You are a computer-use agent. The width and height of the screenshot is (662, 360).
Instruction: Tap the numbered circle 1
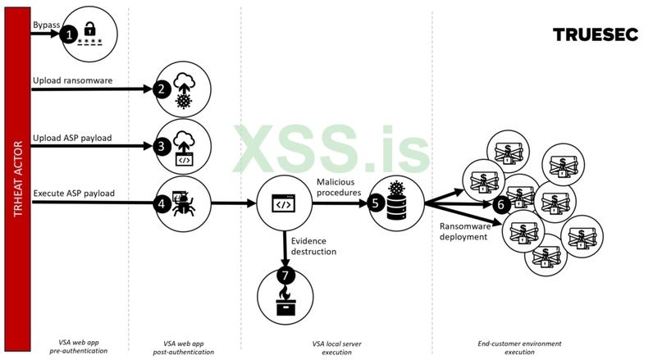pyautogui.click(x=71, y=34)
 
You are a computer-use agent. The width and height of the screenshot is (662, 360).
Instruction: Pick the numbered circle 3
pyautogui.click(x=162, y=145)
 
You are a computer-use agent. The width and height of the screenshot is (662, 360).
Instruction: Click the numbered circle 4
pyautogui.click(x=162, y=202)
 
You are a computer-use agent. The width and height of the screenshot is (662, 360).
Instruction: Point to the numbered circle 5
pyautogui.click(x=377, y=202)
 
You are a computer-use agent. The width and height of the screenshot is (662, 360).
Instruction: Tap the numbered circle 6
pyautogui.click(x=503, y=203)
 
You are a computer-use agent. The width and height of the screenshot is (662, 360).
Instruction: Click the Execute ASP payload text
pyautogui.click(x=74, y=194)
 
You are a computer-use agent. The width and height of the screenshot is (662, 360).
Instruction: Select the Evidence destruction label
pyautogui.click(x=313, y=246)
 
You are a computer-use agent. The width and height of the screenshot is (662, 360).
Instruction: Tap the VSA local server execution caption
pyautogui.click(x=337, y=347)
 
